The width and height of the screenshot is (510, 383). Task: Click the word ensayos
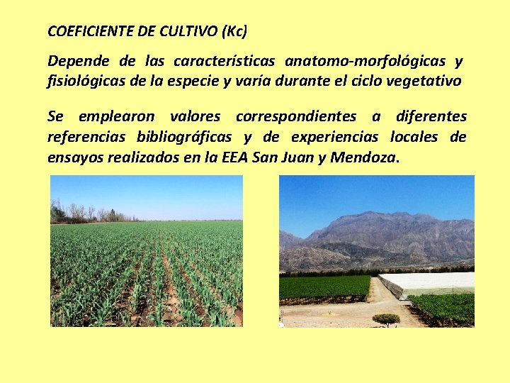pyautogui.click(x=74, y=157)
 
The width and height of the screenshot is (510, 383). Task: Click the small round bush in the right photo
pyautogui.click(x=386, y=319)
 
